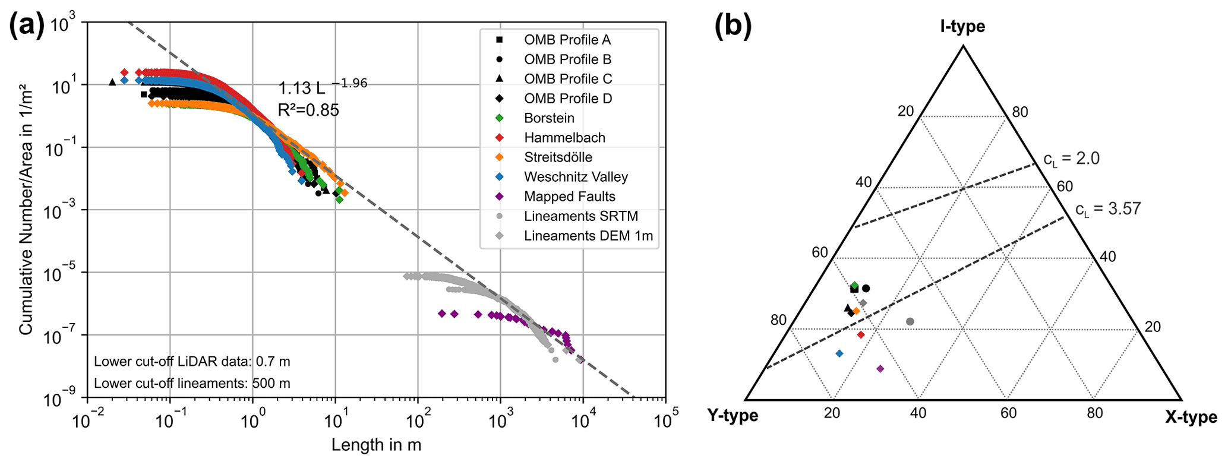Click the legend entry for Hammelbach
[x=564, y=138]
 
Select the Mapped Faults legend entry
[x=569, y=197]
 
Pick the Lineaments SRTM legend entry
[x=580, y=216]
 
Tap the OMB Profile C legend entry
[x=567, y=79]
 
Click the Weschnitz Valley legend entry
[x=575, y=177]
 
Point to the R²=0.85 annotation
[x=308, y=110]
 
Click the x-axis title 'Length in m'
[x=376, y=445]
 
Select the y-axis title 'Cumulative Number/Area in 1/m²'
[x=26, y=209]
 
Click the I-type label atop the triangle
[x=962, y=27]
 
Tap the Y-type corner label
[x=733, y=416]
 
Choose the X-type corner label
[x=1191, y=417]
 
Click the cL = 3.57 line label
[x=1108, y=210]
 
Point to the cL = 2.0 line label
[x=1071, y=159]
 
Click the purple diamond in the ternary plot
[x=880, y=369]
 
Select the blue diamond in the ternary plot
[x=839, y=353]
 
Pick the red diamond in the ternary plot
[x=861, y=335]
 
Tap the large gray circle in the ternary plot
[x=910, y=321]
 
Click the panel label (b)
[x=733, y=27]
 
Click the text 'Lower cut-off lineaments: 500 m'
[x=192, y=383]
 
